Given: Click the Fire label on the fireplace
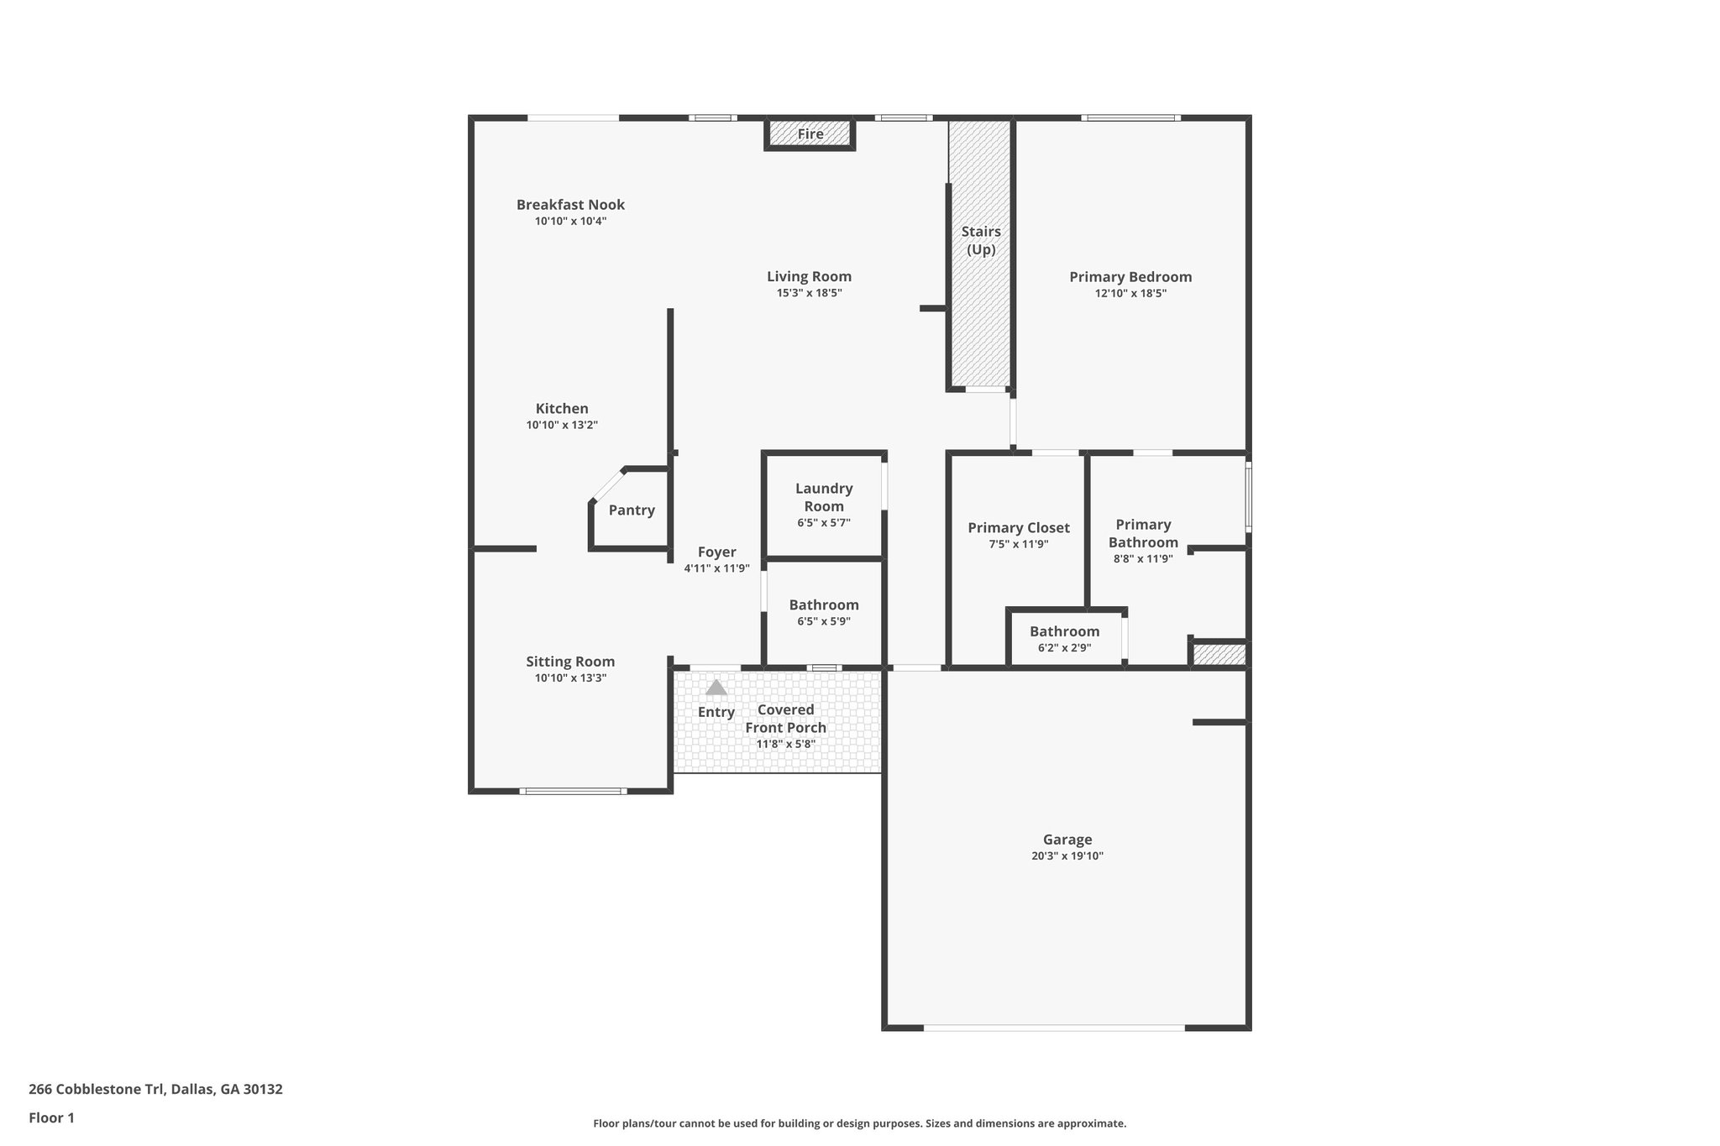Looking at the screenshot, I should click(x=810, y=134).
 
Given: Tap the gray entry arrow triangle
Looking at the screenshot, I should click(x=716, y=688).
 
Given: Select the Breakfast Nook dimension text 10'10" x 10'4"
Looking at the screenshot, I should click(x=570, y=222).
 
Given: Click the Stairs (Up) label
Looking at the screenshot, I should click(x=981, y=240).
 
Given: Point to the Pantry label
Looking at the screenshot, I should click(x=632, y=510).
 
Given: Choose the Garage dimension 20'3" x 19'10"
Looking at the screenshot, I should click(x=1067, y=856).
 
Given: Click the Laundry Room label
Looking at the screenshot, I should click(x=824, y=497).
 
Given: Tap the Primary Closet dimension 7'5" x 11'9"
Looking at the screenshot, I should click(x=1018, y=544).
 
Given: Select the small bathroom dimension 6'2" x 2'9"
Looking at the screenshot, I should click(x=1064, y=648).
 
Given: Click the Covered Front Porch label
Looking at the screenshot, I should click(x=786, y=719).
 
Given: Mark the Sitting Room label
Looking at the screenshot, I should click(x=570, y=662).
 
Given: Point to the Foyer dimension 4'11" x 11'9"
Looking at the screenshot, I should click(x=716, y=568).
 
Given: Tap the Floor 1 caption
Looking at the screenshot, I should click(x=51, y=1118).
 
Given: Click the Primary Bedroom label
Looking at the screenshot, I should click(x=1130, y=277).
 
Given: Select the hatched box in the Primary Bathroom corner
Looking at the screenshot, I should click(x=1219, y=654).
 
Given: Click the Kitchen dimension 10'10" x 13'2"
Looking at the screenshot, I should click(x=562, y=426).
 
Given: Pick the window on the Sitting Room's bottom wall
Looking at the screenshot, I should click(x=573, y=791).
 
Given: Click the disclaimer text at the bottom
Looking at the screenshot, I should click(x=859, y=1123).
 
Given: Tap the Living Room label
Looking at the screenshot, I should click(x=809, y=276).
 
